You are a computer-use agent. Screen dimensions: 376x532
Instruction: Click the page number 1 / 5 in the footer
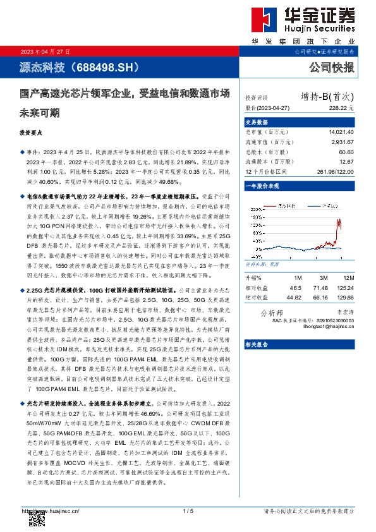point(187,511)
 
